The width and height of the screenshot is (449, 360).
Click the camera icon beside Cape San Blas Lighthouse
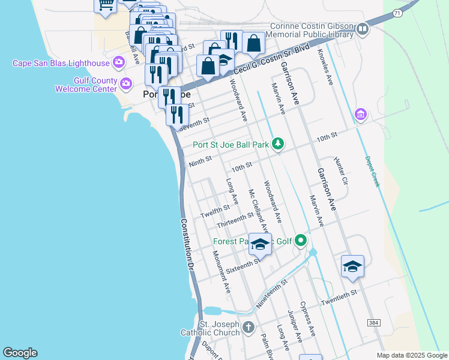(119, 62)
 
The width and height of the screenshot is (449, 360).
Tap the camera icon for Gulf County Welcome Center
(126, 83)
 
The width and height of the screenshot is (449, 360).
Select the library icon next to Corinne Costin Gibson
(362, 29)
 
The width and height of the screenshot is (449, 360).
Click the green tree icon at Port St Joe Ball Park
(277, 143)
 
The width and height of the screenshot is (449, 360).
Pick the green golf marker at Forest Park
(301, 241)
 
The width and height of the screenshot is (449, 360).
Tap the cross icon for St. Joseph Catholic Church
(249, 328)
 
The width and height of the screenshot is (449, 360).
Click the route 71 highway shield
(398, 12)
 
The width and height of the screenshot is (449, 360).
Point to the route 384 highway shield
(374, 323)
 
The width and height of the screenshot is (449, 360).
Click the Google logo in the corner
(20, 353)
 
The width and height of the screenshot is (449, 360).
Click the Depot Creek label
(372, 171)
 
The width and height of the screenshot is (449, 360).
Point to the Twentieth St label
(339, 297)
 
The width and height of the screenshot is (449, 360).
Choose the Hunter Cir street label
(340, 171)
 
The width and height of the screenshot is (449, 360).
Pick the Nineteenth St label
(272, 293)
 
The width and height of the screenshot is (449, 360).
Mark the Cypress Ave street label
(307, 319)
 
